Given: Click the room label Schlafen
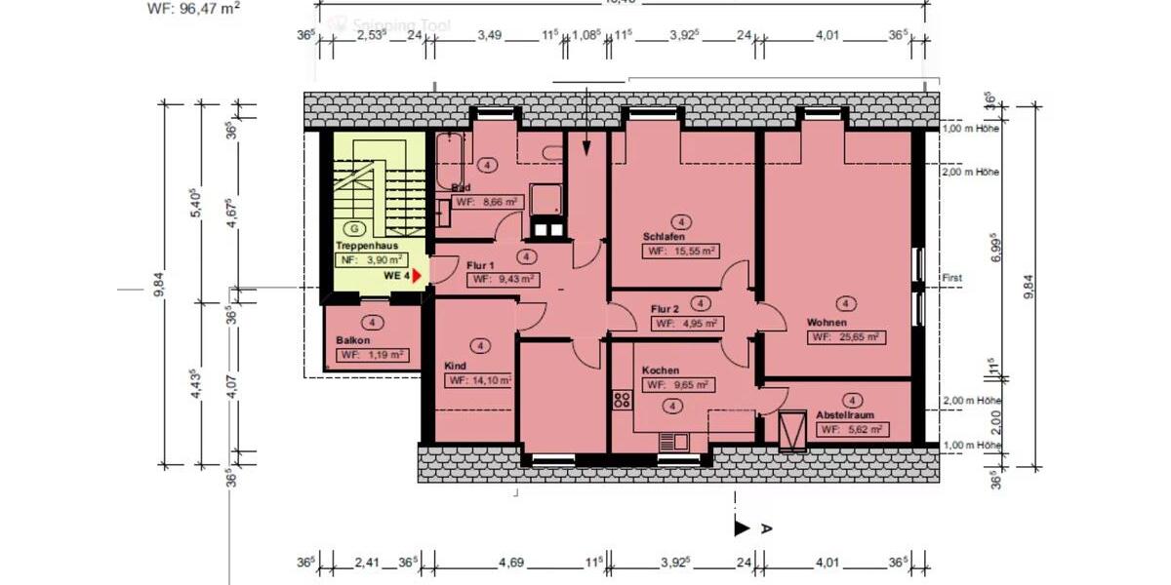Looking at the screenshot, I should coord(664,237).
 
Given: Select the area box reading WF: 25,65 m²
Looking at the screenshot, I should coord(845,337).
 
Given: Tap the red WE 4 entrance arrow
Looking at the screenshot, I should coord(417,276).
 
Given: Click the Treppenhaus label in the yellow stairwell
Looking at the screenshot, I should coord(367,247).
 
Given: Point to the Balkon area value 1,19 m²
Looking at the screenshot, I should coord(372,355).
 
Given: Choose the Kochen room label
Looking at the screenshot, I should coord(661,370).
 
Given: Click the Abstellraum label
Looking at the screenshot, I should coord(845,414).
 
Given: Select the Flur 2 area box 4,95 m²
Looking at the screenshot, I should coord(687,323).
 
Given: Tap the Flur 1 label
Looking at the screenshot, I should coord(481,265).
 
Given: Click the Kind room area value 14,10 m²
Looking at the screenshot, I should coord(479,381).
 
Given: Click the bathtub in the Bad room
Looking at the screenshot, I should coord(450,161).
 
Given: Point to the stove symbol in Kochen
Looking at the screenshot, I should coord(622,398).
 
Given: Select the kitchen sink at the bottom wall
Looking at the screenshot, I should coord(672,441).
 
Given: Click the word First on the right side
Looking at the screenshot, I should coord(951,278).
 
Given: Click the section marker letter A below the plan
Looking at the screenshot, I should coord(766,527).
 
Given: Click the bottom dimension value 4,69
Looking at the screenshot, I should coord(510,562).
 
